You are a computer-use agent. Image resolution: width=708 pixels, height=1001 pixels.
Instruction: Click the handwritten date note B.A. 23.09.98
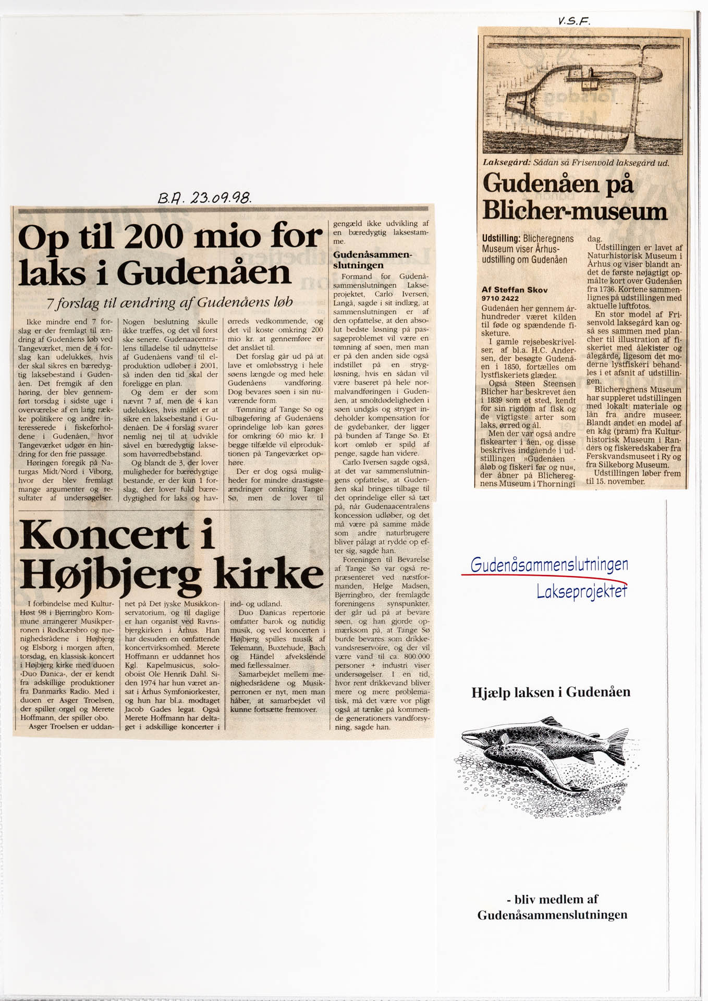point(204,197)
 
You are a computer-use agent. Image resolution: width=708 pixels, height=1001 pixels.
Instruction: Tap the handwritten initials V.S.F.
point(573,21)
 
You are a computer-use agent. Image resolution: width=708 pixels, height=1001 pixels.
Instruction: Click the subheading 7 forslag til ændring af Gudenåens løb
point(169,302)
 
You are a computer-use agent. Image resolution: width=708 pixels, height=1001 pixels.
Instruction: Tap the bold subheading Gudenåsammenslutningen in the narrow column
point(372,260)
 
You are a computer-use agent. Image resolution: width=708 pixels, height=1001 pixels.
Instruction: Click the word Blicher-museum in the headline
point(575,211)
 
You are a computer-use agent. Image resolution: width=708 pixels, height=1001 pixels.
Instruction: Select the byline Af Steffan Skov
point(514,290)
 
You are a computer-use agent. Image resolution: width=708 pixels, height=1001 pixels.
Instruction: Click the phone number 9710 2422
point(499,298)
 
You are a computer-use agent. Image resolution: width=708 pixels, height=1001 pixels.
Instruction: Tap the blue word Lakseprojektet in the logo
point(581,591)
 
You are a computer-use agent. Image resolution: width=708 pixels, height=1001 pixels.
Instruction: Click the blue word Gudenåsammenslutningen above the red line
point(548,564)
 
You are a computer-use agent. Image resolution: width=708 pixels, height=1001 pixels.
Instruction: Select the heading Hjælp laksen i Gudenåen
point(551,692)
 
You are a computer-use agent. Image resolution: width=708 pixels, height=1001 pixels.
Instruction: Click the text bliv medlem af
point(552,899)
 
